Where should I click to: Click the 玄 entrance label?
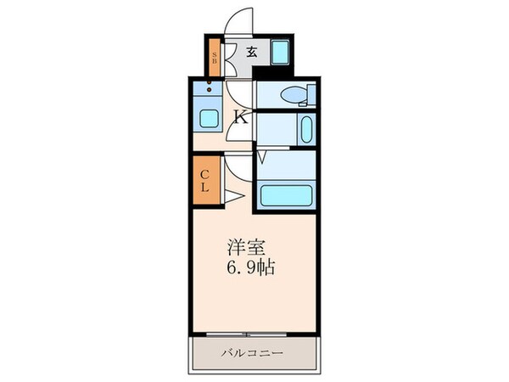pyautogui.click(x=252, y=52)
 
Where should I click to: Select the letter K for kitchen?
pyautogui.click(x=241, y=117)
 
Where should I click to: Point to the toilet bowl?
pyautogui.click(x=292, y=95)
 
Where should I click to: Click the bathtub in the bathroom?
pyautogui.click(x=287, y=197)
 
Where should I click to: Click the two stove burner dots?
pyautogui.click(x=209, y=86)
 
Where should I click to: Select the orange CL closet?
pyautogui.click(x=204, y=179)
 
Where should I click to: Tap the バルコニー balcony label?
pyautogui.click(x=254, y=351)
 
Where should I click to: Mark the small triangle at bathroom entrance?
pyautogui.click(x=262, y=156)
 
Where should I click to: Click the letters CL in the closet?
pyautogui.click(x=204, y=179)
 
